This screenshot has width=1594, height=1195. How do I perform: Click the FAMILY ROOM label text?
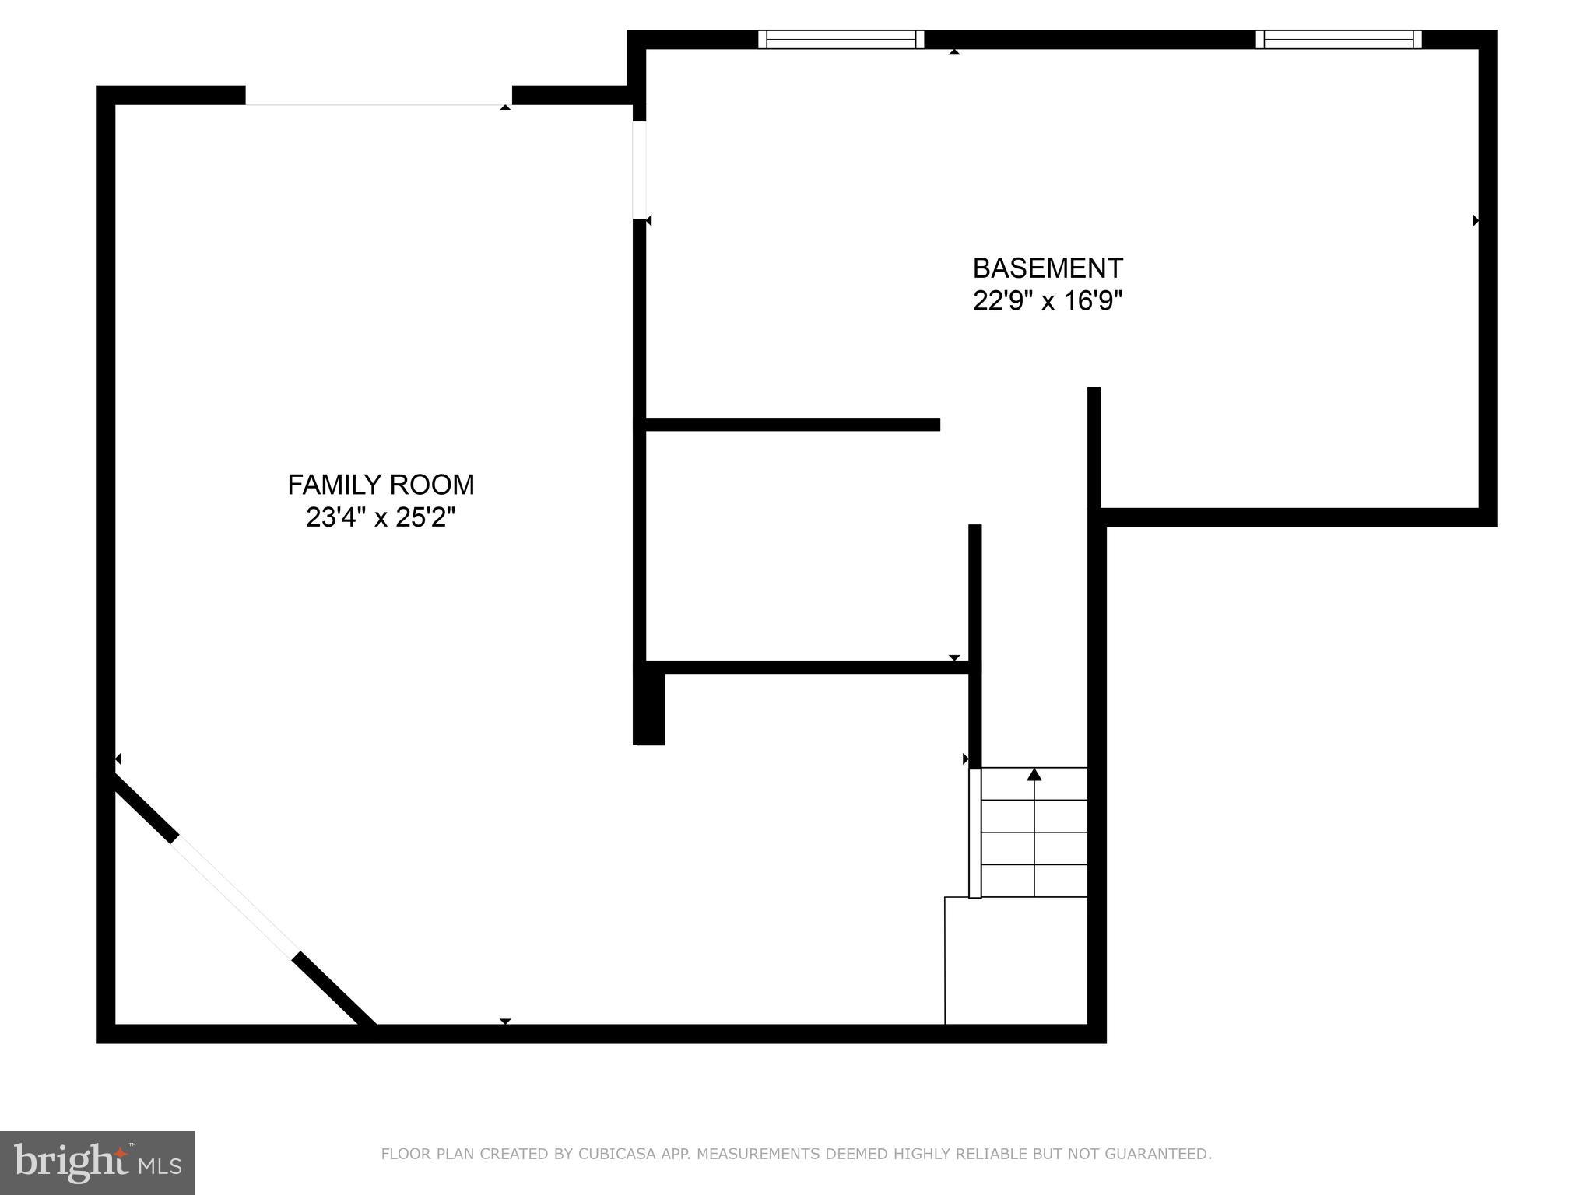381,485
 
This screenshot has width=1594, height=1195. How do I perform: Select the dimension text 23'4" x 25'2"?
381,517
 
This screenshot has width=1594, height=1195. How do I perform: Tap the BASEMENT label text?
1048,268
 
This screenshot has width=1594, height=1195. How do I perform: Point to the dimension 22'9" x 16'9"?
1048,301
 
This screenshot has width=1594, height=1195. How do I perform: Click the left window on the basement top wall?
841,39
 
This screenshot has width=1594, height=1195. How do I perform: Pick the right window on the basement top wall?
1339,39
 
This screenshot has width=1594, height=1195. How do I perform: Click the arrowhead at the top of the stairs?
1034,774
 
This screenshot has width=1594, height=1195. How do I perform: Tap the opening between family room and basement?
639,170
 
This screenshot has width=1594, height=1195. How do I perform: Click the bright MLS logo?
97,1163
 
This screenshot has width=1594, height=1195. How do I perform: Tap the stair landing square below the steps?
1016,960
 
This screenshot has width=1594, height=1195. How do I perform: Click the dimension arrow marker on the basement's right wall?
1476,221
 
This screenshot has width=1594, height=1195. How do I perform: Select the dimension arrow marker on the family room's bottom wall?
505,1021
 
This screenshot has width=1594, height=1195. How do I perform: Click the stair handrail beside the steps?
974,832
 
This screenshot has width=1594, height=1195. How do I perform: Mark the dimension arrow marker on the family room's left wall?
118,759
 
